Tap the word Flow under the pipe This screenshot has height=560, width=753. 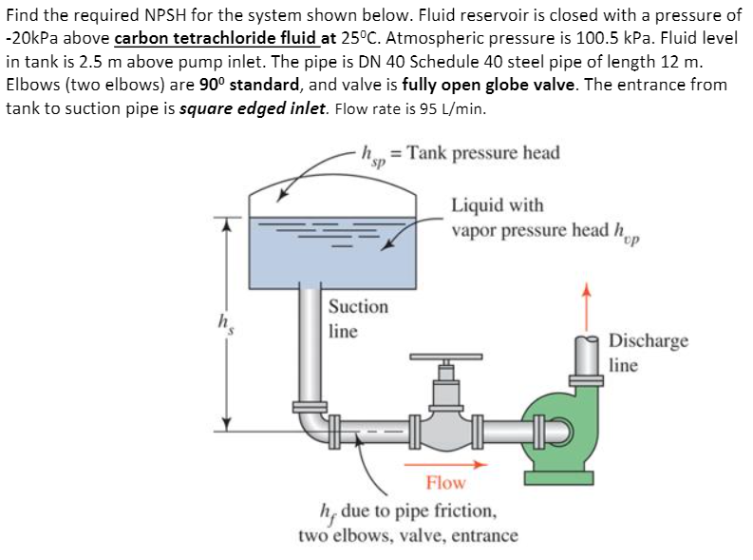(445, 483)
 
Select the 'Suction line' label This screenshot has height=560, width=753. (358, 319)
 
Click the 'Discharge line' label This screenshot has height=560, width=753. (648, 352)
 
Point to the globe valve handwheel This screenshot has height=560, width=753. (445, 358)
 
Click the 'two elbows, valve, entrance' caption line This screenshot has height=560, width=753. (408, 535)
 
